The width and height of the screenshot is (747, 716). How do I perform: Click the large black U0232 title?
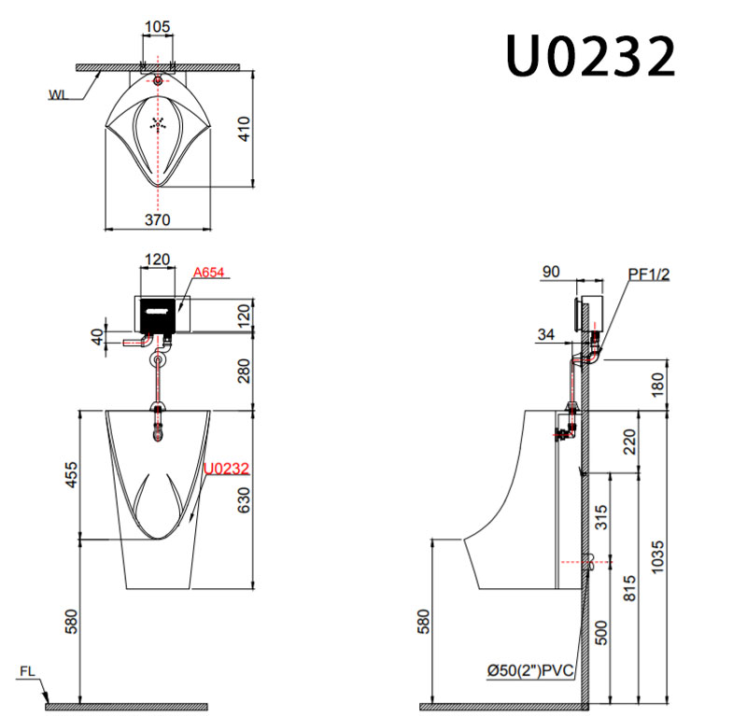point(591,56)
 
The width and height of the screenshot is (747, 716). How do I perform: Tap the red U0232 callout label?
point(226,469)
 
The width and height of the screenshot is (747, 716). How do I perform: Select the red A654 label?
point(208,273)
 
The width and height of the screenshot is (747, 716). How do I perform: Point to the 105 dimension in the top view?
point(157,27)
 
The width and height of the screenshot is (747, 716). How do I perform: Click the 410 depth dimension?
point(244,129)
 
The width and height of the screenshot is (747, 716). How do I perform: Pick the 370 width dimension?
point(157,220)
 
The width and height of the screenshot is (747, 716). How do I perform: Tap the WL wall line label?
point(58,95)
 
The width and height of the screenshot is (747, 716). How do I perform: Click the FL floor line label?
point(27,671)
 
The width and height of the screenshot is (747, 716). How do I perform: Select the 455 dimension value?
point(71,474)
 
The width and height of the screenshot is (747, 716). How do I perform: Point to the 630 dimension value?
point(244,500)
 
